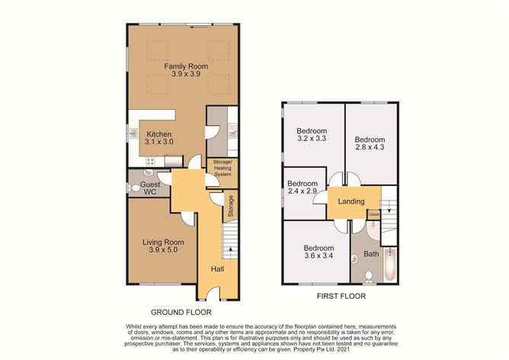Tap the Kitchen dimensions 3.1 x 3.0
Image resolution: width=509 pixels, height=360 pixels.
tap(159, 143)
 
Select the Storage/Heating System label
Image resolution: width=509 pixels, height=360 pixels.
tap(222, 171)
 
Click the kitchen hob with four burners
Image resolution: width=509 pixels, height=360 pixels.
tap(150, 161)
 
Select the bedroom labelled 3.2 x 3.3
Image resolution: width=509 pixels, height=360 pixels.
tap(312, 135)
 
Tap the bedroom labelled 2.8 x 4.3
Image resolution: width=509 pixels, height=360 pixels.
tap(370, 145)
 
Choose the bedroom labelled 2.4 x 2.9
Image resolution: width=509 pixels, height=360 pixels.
tap(303, 188)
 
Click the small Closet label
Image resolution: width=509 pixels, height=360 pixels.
tap(374, 215)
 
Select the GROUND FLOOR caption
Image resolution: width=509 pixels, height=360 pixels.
tap(181, 312)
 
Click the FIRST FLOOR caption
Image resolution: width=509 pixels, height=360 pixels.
tap(339, 295)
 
